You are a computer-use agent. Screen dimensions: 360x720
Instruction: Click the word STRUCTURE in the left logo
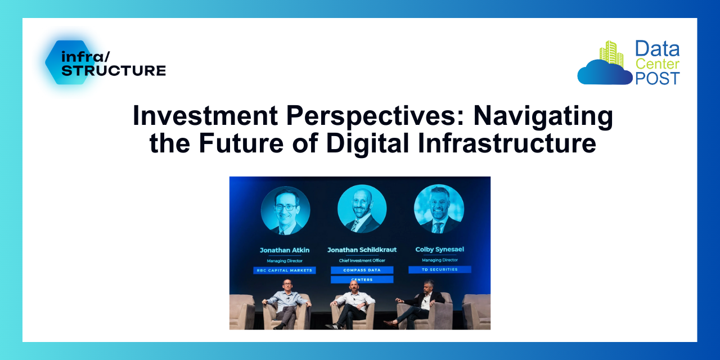pos(113,71)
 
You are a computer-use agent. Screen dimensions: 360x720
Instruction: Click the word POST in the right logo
pos(658,78)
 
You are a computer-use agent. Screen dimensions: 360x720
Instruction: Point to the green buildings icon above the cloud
pos(611,53)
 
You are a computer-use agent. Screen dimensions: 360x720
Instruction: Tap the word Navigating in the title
pos(543,116)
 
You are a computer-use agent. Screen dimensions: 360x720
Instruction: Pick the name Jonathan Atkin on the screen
pos(284,250)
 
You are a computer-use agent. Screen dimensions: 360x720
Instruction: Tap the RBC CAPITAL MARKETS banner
pos(284,270)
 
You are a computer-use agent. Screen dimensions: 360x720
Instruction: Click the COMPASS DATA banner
pos(362,270)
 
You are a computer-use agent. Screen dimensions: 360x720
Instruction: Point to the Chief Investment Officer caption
pos(362,260)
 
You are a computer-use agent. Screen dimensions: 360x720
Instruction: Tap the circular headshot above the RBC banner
pos(285,211)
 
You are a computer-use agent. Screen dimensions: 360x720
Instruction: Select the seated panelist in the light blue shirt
pos(286,304)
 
